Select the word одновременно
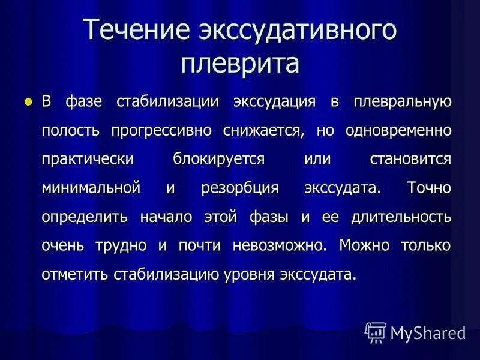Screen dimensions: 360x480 398,130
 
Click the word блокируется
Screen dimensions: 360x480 218,158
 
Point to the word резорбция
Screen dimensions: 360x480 240,187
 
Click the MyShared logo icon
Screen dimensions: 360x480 376,332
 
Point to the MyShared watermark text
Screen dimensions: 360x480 428,332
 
